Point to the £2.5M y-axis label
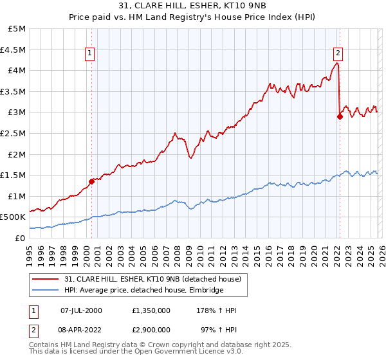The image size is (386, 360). click(14, 133)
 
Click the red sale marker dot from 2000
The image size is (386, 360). click(91, 181)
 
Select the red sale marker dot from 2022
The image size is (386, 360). click(340, 116)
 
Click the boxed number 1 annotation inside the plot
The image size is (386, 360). click(89, 53)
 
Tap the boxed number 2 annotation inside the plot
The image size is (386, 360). click(338, 53)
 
